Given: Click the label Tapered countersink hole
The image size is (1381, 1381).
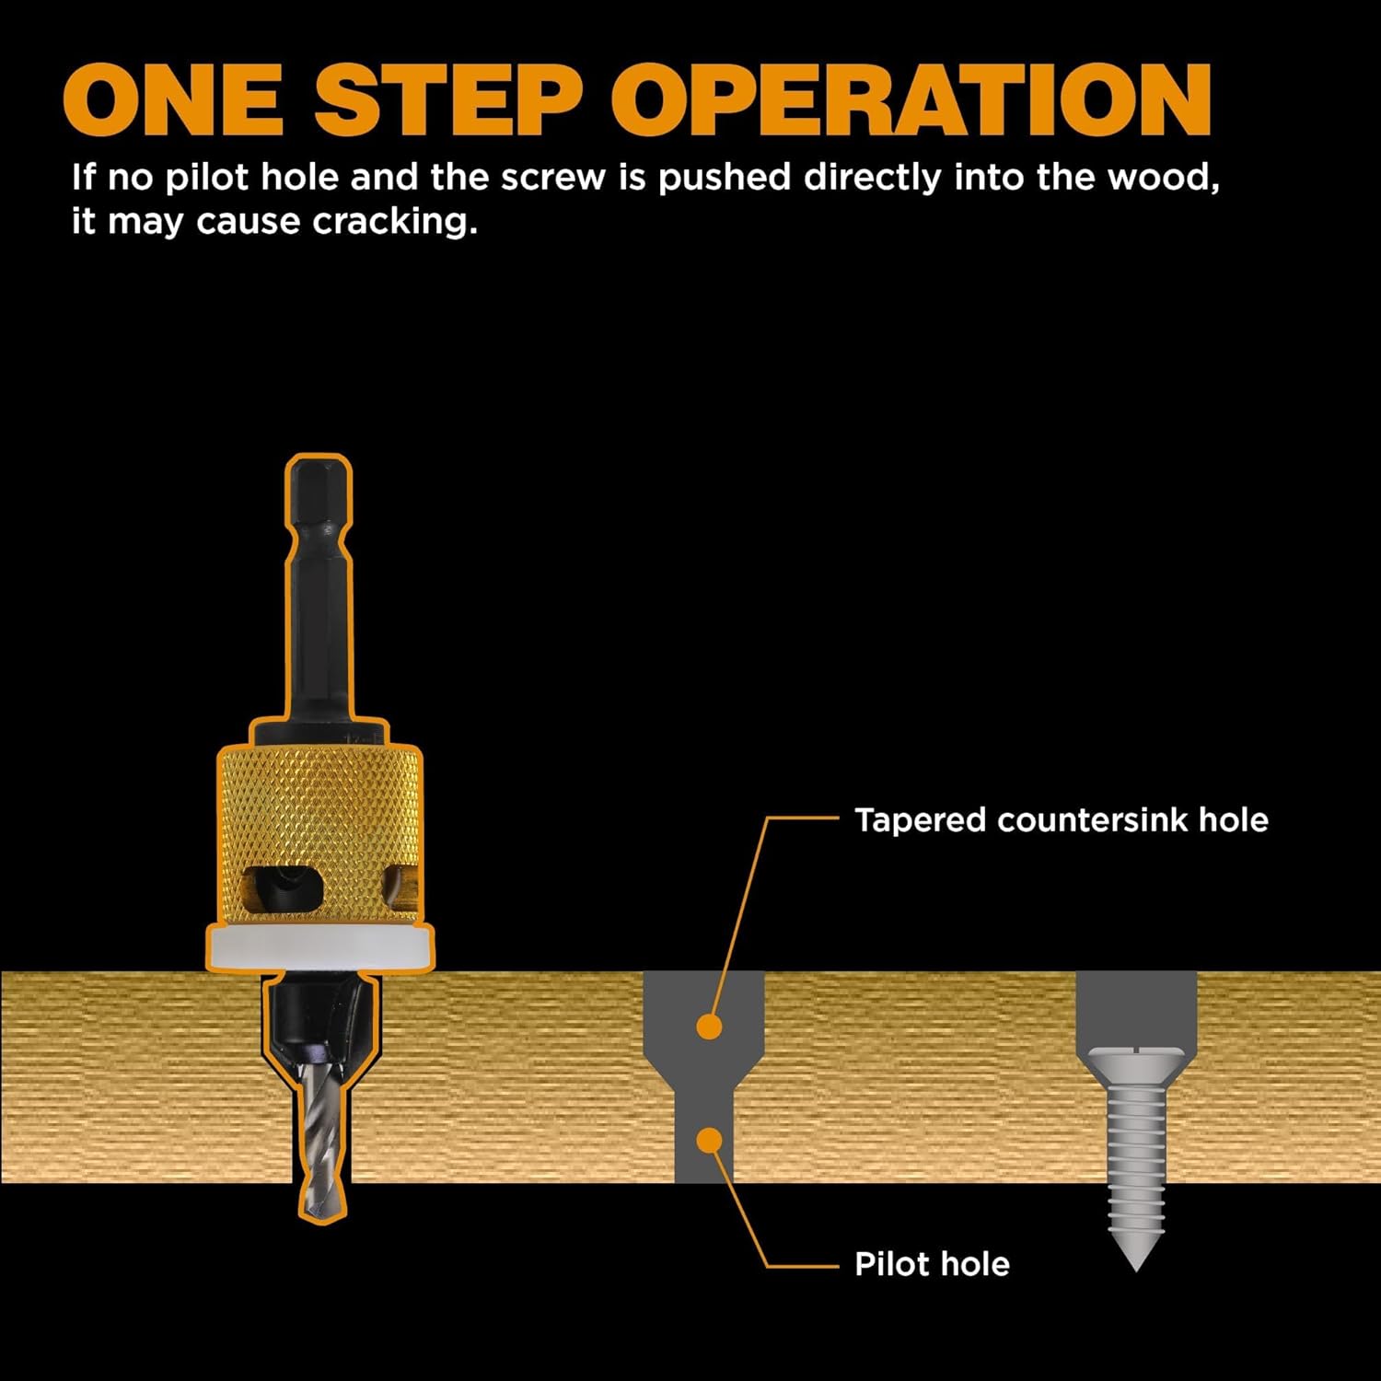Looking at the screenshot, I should tap(1061, 819).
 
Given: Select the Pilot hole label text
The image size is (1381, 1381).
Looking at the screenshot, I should tap(932, 1263).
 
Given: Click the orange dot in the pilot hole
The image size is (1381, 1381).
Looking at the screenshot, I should tap(709, 1141).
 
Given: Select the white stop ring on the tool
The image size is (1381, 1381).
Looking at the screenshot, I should tap(319, 948).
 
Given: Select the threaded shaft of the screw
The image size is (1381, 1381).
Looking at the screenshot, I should tap(1136, 1160).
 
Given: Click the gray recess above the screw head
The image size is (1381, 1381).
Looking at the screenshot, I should tap(1136, 1008).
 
